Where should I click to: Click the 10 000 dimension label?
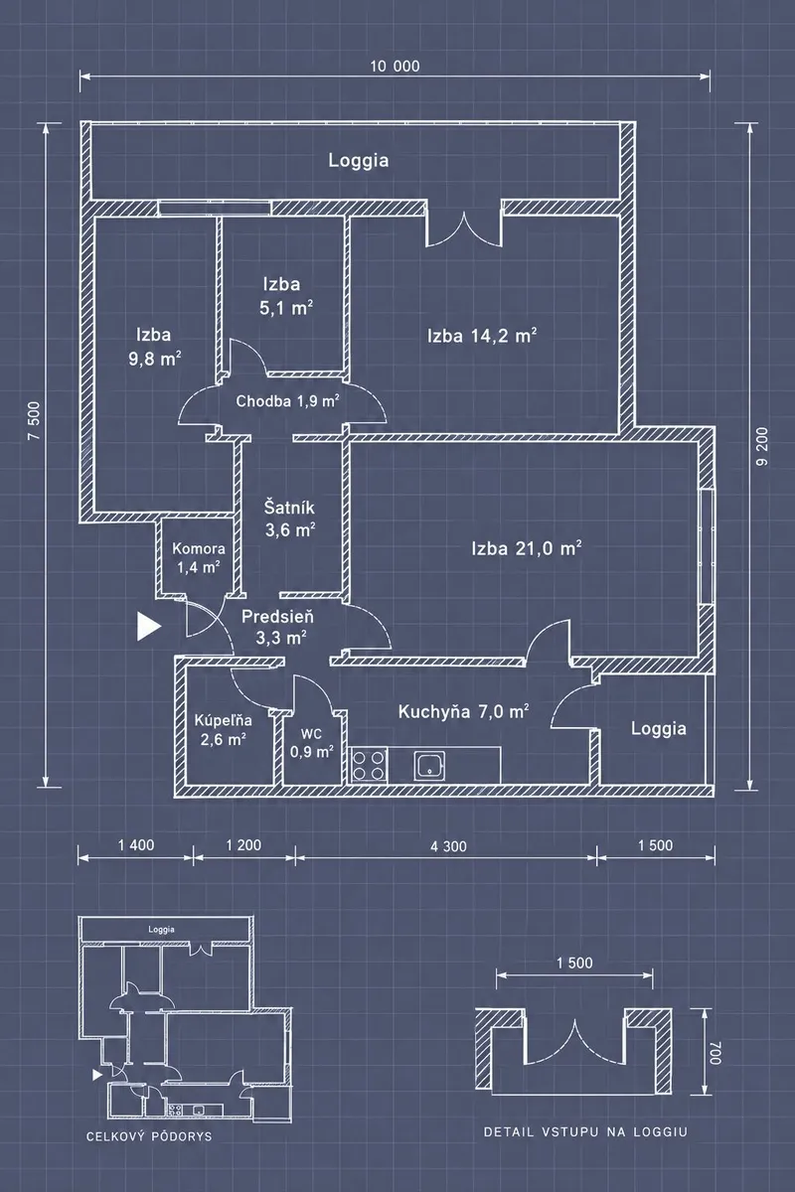pyautogui.click(x=396, y=67)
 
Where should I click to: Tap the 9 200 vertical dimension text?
pyautogui.click(x=762, y=446)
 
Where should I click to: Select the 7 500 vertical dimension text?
pyautogui.click(x=34, y=421)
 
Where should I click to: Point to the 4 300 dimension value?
pyautogui.click(x=448, y=846)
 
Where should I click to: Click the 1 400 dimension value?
pyautogui.click(x=136, y=845)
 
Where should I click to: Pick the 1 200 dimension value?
pyautogui.click(x=243, y=845)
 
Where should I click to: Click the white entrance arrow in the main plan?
pyautogui.click(x=149, y=626)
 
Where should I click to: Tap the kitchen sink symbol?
pyautogui.click(x=429, y=767)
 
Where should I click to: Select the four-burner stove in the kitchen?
pyautogui.click(x=369, y=765)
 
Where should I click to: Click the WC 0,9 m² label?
pyautogui.click(x=312, y=743)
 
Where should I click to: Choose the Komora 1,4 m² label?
pyautogui.click(x=199, y=558)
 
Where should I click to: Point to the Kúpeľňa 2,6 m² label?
pyautogui.click(x=224, y=730)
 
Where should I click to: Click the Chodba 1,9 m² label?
pyautogui.click(x=288, y=400)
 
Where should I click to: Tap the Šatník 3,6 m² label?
pyautogui.click(x=289, y=519)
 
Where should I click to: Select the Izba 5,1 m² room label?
pyautogui.click(x=285, y=296)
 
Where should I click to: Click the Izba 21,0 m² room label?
pyautogui.click(x=526, y=548)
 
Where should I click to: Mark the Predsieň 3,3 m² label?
pyautogui.click(x=278, y=627)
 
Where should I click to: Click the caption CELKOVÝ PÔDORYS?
pyautogui.click(x=149, y=1136)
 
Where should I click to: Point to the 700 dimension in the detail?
pyautogui.click(x=715, y=1053)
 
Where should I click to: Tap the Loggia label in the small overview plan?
pyautogui.click(x=161, y=929)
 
